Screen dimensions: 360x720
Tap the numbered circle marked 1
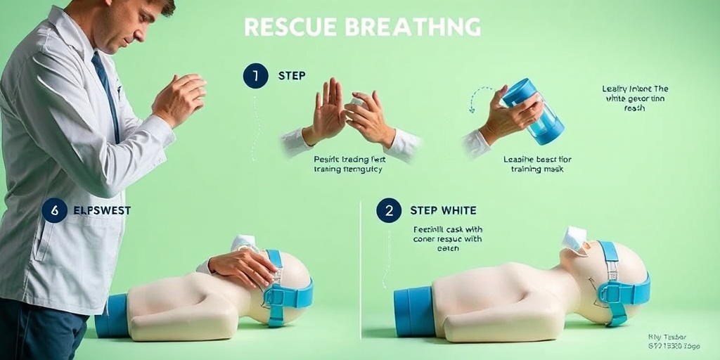click(x=255, y=75)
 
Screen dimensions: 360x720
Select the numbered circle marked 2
click(x=388, y=210)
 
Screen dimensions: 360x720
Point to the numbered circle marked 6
click(x=54, y=210)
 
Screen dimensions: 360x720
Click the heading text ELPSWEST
click(x=102, y=210)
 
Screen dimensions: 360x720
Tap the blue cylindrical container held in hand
click(x=535, y=110)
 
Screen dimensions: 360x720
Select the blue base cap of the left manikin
click(x=112, y=316)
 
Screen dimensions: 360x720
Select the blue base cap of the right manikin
click(x=415, y=311)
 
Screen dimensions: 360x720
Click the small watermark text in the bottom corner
click(x=674, y=342)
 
